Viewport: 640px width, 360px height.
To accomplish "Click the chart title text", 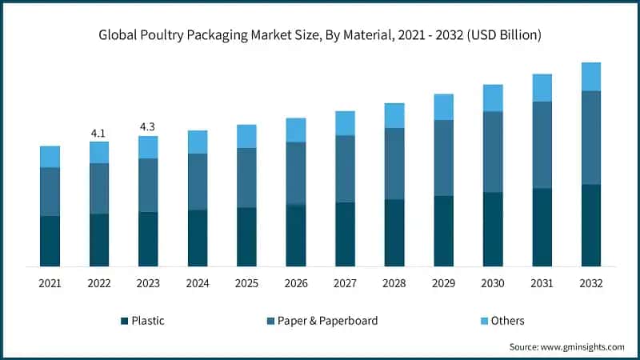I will (x=320, y=34).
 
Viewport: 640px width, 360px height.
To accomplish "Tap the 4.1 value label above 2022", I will (x=99, y=133).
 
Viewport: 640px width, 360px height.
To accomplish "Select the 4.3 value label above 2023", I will (x=148, y=126).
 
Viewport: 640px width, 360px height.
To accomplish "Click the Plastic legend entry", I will (x=148, y=321).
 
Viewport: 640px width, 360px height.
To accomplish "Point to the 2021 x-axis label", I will (x=50, y=283).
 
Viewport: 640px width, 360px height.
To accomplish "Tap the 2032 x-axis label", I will (x=591, y=283).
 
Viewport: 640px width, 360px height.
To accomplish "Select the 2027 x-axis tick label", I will (x=345, y=283).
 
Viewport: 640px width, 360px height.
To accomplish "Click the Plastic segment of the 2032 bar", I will (x=591, y=225).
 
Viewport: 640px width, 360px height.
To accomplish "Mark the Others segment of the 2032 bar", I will (x=591, y=77).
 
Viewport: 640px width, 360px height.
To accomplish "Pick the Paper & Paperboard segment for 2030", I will (x=493, y=152).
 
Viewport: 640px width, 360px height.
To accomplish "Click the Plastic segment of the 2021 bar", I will (x=50, y=241).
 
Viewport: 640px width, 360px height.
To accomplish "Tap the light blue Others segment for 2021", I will (x=50, y=157).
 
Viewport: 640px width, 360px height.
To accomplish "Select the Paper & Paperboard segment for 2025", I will (x=246, y=178).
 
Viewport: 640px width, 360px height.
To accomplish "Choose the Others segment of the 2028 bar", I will (x=394, y=116).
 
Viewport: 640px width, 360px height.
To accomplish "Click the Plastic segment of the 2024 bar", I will (x=198, y=238).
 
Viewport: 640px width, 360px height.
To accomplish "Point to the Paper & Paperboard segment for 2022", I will (x=99, y=189).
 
